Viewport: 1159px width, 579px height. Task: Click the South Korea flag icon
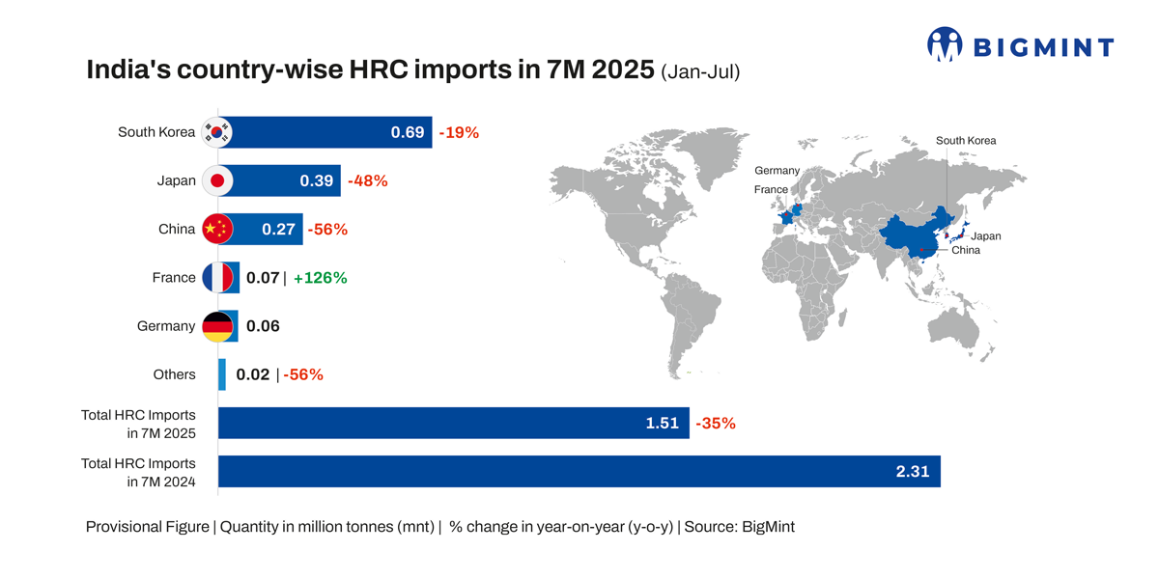coord(217,132)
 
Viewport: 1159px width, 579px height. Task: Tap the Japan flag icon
coord(217,180)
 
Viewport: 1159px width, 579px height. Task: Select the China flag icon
coord(217,229)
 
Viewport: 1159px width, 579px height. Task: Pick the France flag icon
coord(217,278)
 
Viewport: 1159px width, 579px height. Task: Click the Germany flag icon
coord(217,326)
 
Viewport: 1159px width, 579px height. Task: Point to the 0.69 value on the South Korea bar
coord(408,132)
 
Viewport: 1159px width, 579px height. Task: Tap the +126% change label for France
coord(320,278)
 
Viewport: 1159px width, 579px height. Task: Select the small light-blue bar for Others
coord(222,374)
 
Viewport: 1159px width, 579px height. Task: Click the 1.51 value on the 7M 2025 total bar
coord(663,423)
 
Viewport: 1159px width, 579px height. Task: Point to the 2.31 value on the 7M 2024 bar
coord(913,471)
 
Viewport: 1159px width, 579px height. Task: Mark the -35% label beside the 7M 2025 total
coord(716,423)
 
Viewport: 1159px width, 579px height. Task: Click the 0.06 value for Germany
coord(263,326)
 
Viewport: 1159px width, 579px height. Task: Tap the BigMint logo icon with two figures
coord(945,44)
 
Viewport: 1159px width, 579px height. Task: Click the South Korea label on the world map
coord(965,141)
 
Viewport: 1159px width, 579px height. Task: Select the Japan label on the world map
coord(985,236)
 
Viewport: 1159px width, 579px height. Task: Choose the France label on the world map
coord(771,190)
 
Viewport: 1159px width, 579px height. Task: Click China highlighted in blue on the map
coord(908,236)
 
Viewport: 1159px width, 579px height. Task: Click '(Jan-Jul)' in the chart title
coord(700,71)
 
